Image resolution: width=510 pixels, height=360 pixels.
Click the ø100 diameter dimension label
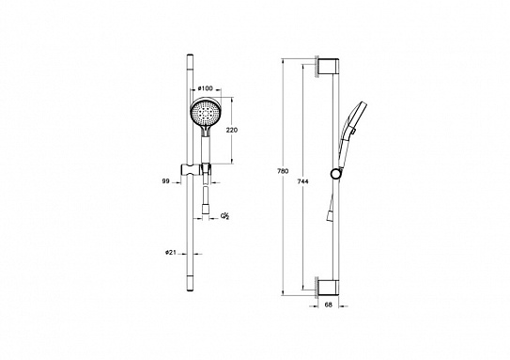tap(205, 88)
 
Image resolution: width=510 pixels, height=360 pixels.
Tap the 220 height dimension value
tap(232, 130)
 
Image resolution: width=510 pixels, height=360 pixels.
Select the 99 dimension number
tap(166, 181)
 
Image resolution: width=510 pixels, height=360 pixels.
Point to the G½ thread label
tap(225, 216)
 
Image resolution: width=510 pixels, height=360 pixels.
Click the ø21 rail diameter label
tap(171, 252)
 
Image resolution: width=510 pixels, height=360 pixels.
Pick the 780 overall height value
tap(284, 171)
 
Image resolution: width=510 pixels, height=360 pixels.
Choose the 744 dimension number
tap(302, 181)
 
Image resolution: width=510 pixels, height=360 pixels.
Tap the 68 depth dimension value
tap(329, 305)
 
